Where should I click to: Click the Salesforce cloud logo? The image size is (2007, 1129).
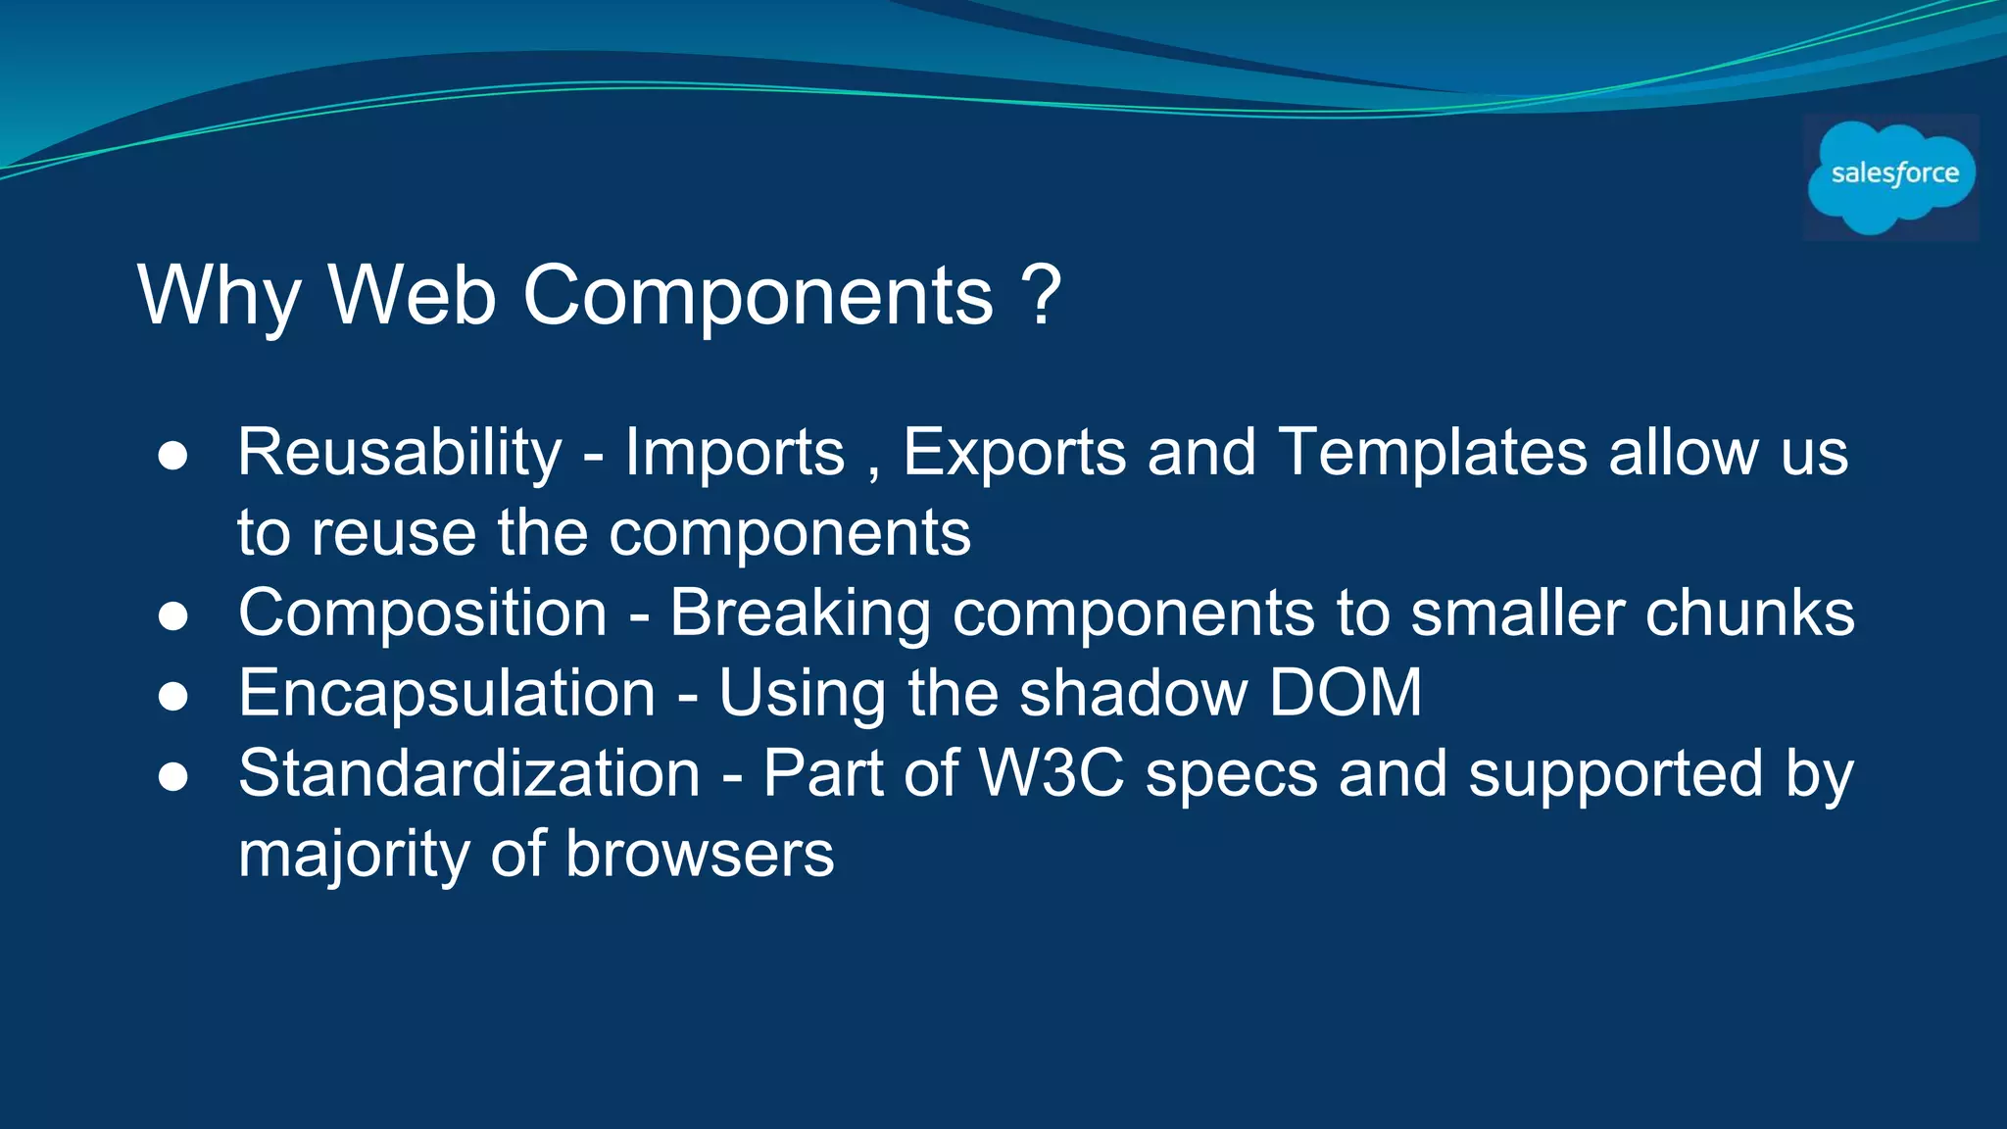tap(1891, 176)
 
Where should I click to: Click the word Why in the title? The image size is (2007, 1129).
tap(219, 296)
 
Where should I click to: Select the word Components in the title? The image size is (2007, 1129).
tap(759, 296)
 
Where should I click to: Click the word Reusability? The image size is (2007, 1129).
tap(400, 454)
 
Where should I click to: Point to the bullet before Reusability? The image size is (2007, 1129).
tap(172, 457)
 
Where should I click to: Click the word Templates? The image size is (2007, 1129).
tap(1433, 453)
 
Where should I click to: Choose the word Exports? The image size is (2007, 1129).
tap(1013, 454)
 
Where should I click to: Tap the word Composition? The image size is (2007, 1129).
tap(422, 614)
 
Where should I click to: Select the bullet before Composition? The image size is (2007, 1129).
tap(172, 616)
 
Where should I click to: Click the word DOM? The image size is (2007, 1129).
tap(1345, 693)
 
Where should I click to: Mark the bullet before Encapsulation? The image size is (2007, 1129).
tap(172, 697)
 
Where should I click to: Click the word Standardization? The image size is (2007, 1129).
tap(469, 774)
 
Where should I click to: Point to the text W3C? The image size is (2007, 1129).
tap(1051, 774)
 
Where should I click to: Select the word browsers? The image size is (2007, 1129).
tap(700, 855)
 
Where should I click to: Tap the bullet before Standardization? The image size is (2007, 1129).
tap(172, 777)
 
